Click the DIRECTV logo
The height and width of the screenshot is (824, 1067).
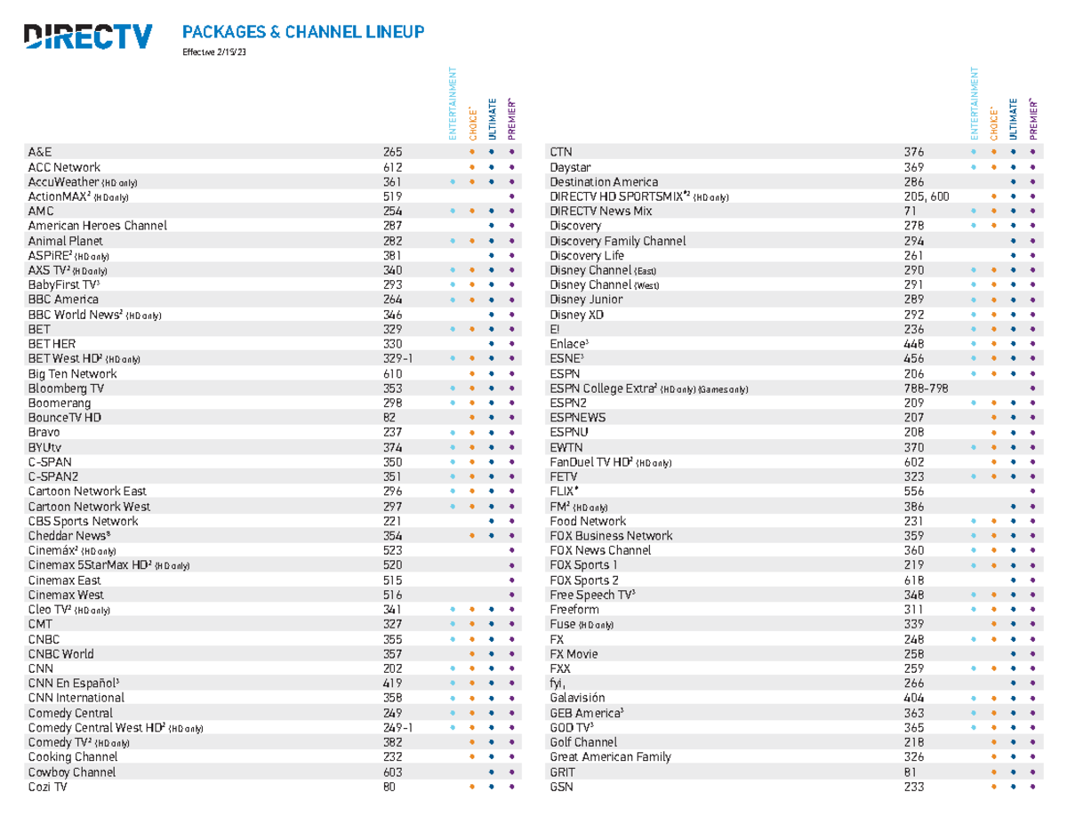coord(88,36)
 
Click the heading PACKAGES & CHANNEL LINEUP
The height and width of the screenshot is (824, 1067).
coord(303,33)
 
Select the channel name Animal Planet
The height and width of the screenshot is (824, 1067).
coord(65,241)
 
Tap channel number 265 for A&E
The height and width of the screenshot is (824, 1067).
coord(392,152)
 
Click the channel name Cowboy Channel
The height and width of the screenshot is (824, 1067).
coord(72,772)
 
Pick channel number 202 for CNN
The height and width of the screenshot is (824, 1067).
coord(392,668)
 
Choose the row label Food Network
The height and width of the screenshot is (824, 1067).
coord(588,521)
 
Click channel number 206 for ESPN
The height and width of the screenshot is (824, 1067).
coord(913,373)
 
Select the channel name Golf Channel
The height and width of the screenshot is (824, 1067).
coord(583,742)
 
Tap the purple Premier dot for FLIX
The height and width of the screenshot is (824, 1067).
coord(1032,492)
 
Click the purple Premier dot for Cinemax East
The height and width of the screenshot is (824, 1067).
coord(510,580)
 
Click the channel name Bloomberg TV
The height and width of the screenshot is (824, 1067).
coord(66,388)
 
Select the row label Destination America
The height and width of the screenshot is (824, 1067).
coord(605,182)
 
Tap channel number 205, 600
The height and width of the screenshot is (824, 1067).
coord(926,196)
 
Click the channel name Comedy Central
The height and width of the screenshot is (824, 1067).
coord(70,713)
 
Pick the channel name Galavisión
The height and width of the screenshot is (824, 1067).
coord(577,698)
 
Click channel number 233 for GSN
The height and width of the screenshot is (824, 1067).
coord(913,787)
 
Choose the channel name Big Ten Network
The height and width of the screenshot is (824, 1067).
coord(71,374)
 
